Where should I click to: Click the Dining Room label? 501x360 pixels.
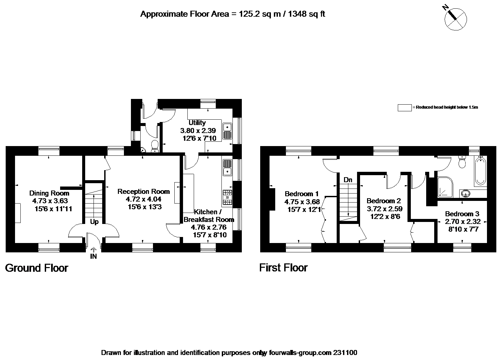click(x=49, y=193)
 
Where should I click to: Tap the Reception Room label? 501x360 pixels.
click(x=144, y=192)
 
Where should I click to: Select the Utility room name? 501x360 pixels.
click(x=197, y=123)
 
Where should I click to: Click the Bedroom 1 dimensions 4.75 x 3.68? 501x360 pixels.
click(x=302, y=202)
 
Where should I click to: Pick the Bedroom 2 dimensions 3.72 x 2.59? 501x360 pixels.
click(x=384, y=209)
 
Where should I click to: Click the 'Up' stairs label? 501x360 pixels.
click(x=94, y=222)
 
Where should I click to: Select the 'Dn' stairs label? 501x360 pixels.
click(x=348, y=180)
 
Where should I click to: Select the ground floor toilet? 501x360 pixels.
click(x=155, y=146)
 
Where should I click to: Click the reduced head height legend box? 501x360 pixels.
click(x=404, y=108)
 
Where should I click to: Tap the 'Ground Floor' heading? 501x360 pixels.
click(x=37, y=268)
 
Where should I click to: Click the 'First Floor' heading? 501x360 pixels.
click(x=283, y=268)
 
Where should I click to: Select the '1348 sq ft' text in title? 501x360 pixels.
click(x=305, y=14)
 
